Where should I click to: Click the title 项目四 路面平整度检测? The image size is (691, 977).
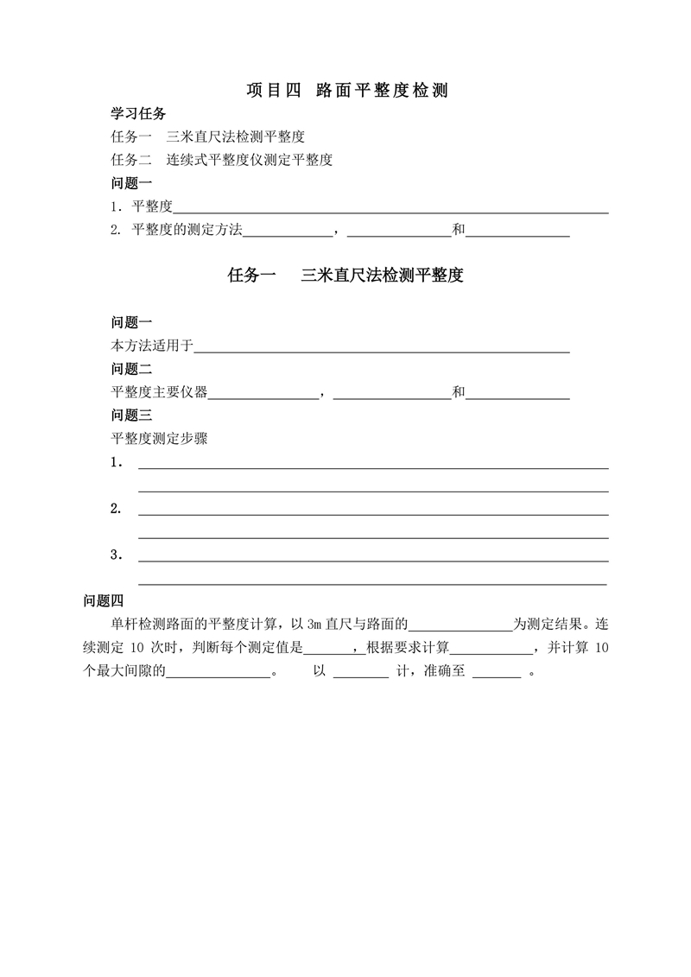pos(346,90)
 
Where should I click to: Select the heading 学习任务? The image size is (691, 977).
pos(138,114)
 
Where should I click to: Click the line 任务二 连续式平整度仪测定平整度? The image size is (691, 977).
pos(222,160)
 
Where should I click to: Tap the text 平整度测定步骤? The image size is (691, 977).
pos(159,438)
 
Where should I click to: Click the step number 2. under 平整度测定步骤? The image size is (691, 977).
pos(116,509)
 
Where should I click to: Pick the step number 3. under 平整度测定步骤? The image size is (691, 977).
pos(116,555)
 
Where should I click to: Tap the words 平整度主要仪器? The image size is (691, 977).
pos(159,392)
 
